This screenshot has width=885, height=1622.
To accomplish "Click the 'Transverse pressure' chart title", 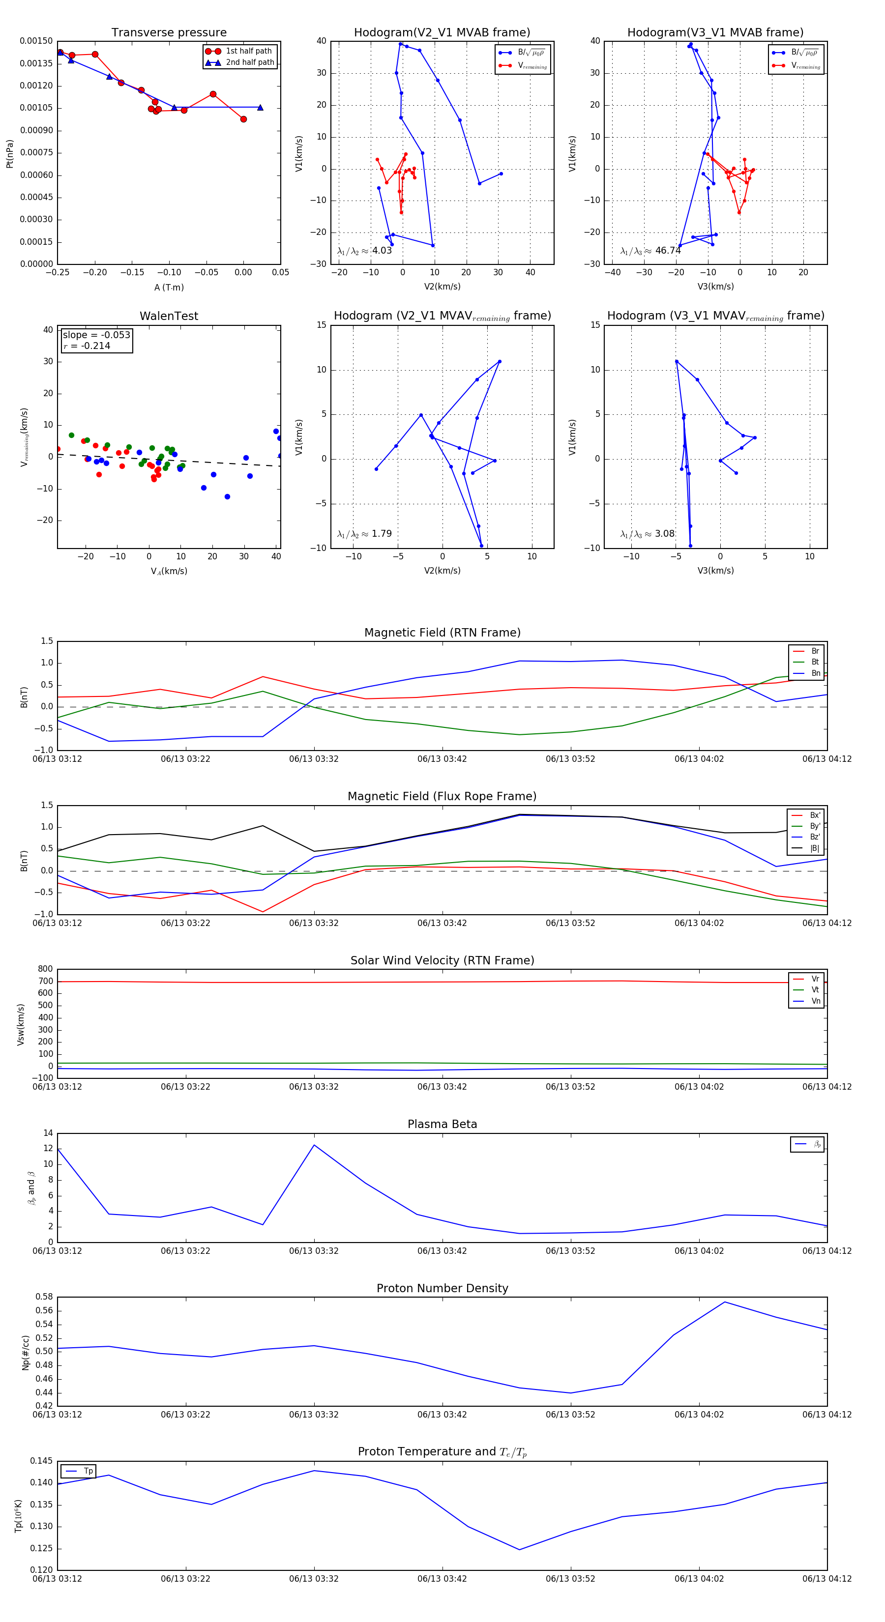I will coord(169,33).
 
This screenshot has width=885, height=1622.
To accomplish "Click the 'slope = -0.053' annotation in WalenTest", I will coord(96,335).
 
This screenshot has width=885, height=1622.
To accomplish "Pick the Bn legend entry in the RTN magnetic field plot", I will coord(815,673).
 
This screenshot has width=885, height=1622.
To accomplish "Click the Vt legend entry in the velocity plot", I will coord(815,990).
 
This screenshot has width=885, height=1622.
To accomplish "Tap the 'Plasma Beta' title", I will coord(442,1124).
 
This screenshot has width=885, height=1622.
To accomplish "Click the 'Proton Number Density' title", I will coord(442,1288).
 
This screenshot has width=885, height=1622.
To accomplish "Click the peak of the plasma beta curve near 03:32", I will coord(314,1145).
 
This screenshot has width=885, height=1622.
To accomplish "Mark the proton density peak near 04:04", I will coord(724,1302).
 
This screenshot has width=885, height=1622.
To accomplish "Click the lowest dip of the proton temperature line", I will coord(519,1550).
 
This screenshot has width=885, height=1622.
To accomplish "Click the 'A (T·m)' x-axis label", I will coord(169,287).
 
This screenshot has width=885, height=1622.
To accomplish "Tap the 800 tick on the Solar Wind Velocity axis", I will coord(45,969).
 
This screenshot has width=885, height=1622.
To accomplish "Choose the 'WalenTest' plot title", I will coord(169,316).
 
